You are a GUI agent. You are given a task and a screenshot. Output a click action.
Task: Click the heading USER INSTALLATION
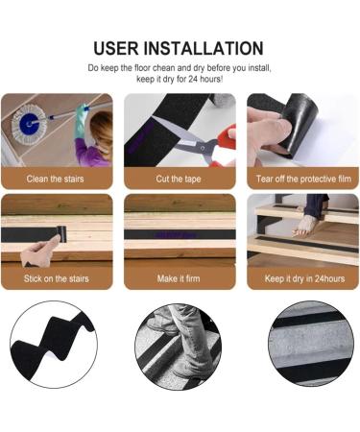tap(180, 48)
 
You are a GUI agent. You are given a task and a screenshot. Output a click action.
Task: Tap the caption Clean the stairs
tap(56, 179)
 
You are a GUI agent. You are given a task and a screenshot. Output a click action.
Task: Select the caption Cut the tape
tap(180, 179)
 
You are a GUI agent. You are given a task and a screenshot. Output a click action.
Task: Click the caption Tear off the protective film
tap(303, 179)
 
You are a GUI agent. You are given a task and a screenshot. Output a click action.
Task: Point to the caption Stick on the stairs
tap(56, 281)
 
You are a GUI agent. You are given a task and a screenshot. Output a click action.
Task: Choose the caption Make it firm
tap(180, 281)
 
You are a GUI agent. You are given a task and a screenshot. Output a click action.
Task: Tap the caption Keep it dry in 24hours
tap(303, 281)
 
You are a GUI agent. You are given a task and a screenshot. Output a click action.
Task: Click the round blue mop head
tap(27, 126)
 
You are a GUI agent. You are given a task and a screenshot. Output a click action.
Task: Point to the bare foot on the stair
tap(305, 226)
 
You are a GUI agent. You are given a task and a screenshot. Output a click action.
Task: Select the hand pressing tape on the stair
tap(38, 253)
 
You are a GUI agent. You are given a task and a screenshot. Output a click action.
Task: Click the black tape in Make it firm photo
tap(180, 234)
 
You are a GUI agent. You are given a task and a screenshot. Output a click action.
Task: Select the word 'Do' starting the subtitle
tap(93, 68)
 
